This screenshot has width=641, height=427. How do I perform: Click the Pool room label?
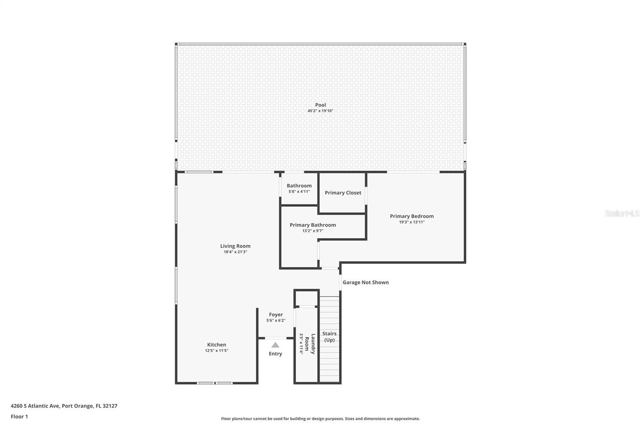pyautogui.click(x=320, y=105)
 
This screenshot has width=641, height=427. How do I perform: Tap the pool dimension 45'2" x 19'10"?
pyautogui.click(x=320, y=111)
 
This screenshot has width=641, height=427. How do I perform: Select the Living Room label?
pyautogui.click(x=235, y=246)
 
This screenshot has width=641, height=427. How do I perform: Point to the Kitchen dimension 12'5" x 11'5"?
pyautogui.click(x=217, y=350)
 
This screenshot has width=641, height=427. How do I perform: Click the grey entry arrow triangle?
pyautogui.click(x=275, y=345)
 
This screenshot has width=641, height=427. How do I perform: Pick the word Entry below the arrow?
pyautogui.click(x=275, y=354)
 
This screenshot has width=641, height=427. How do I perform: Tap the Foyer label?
pyautogui.click(x=276, y=314)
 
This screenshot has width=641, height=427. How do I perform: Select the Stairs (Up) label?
pyautogui.click(x=329, y=337)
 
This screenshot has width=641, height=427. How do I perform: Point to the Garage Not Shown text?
pyautogui.click(x=366, y=282)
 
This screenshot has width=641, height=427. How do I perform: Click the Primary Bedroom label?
pyautogui.click(x=412, y=216)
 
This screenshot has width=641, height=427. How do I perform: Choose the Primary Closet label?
pyautogui.click(x=343, y=193)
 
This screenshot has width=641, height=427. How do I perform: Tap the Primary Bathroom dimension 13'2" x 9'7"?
pyautogui.click(x=313, y=231)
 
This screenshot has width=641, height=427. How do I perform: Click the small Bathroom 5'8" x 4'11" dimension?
pyautogui.click(x=299, y=191)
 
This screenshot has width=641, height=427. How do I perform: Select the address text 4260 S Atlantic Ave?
pyautogui.click(x=35, y=406)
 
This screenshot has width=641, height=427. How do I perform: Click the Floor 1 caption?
pyautogui.click(x=20, y=417)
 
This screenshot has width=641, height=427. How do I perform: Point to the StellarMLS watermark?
pyautogui.click(x=622, y=213)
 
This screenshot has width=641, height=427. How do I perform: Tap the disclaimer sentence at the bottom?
pyautogui.click(x=320, y=419)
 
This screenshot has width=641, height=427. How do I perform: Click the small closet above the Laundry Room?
pyautogui.click(x=307, y=298)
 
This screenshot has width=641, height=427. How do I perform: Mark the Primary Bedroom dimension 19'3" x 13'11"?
pyautogui.click(x=412, y=222)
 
